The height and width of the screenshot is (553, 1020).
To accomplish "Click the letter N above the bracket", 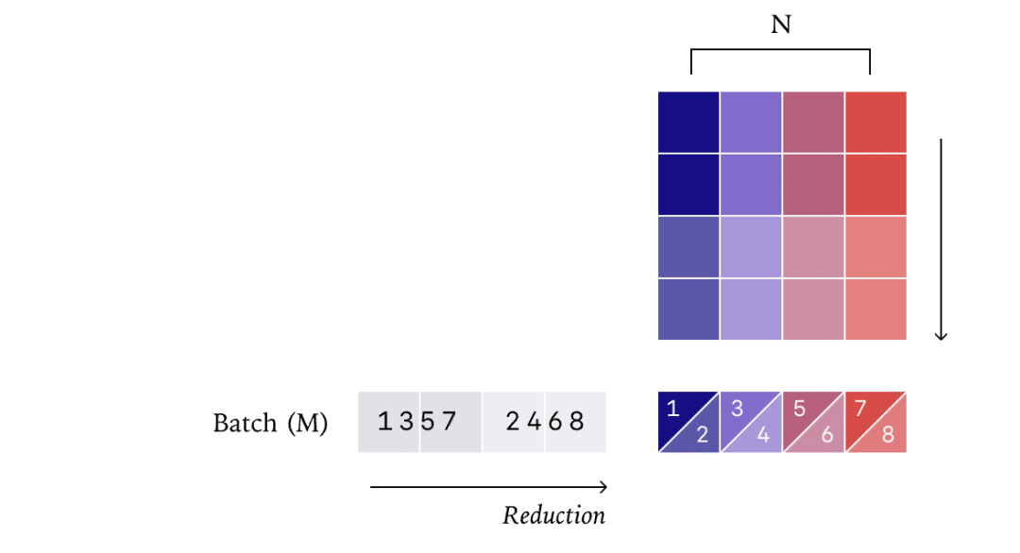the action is [x=781, y=25].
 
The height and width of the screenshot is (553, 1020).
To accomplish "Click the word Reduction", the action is [x=553, y=515].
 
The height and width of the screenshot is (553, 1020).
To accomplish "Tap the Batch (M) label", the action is [x=271, y=423].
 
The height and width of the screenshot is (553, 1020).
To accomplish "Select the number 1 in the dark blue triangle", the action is [x=673, y=409].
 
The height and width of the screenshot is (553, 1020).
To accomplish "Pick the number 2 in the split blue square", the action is [x=702, y=434].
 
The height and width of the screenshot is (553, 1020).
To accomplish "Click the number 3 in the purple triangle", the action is [x=737, y=409].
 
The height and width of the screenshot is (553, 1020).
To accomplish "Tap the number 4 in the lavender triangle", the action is [x=764, y=434].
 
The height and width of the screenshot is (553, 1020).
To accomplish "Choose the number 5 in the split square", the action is [x=800, y=409].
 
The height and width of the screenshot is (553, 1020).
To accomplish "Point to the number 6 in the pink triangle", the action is [x=826, y=434].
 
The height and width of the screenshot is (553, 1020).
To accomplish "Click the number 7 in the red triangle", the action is [x=860, y=409].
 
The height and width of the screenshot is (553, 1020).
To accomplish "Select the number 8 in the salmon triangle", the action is [x=888, y=434].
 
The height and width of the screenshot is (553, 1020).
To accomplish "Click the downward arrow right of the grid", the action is [x=941, y=239].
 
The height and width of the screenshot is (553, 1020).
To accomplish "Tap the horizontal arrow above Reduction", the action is [x=488, y=487].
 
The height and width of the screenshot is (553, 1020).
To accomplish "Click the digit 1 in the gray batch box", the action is [x=385, y=422].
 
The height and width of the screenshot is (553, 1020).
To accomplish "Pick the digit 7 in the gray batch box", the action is [x=449, y=422].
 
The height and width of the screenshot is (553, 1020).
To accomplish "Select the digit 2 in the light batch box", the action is [x=513, y=422].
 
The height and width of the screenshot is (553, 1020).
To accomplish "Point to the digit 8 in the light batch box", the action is [x=577, y=422].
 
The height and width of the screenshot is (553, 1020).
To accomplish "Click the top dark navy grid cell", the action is [x=688, y=122].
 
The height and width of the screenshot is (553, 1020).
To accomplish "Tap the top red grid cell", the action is [x=875, y=122].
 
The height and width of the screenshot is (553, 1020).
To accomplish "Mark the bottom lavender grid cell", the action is [x=752, y=310].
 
